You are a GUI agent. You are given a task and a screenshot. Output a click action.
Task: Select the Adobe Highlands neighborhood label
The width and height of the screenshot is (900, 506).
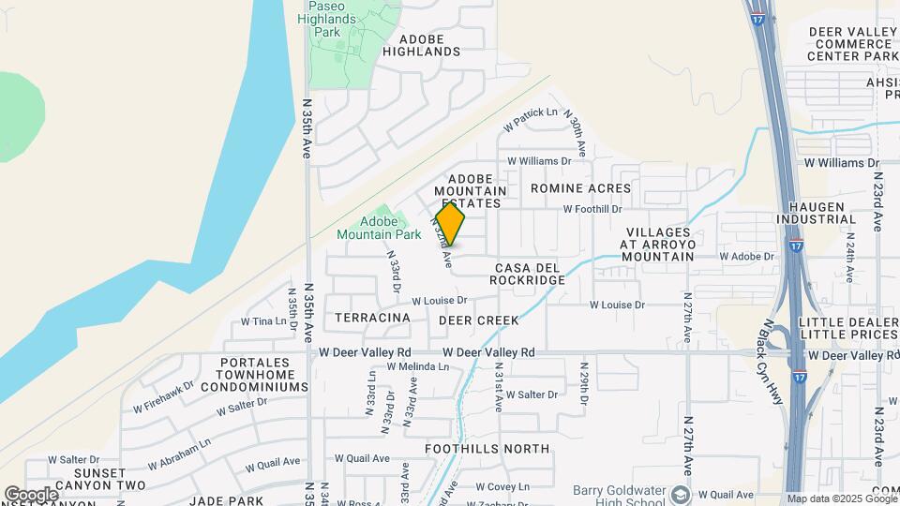click(x=429, y=45)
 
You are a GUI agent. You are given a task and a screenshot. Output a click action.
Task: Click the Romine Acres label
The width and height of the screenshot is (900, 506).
click(x=580, y=188)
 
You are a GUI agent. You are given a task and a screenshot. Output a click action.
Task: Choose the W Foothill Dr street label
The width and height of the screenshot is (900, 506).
click(x=592, y=210)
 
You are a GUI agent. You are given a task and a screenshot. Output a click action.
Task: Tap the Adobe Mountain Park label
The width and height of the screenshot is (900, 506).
click(x=381, y=228)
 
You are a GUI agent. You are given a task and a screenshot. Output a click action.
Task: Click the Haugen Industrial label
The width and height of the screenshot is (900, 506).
click(x=816, y=213)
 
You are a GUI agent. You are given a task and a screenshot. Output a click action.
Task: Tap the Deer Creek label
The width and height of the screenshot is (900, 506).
click(x=478, y=320)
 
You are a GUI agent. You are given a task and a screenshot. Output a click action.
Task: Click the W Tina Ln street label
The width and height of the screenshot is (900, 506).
click(x=263, y=321)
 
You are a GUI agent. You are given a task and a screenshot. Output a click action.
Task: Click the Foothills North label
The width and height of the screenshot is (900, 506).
click(x=487, y=449)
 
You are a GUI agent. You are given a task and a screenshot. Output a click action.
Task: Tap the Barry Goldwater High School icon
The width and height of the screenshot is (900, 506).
click(x=682, y=494)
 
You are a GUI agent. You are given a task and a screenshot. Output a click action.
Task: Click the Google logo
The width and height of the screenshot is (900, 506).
click(x=31, y=494)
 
